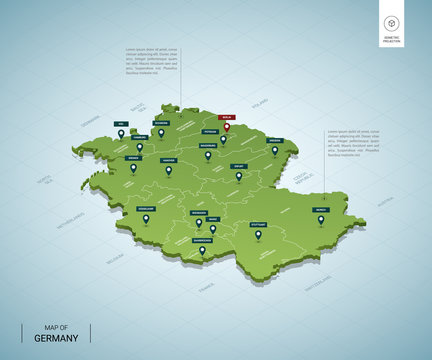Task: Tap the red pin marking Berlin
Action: tap(226, 126)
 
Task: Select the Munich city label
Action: tap(320, 210)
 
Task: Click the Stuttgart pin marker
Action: tap(258, 235)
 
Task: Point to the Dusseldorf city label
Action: tap(146, 209)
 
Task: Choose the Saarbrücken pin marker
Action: tap(202, 250)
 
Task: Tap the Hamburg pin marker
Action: tap(139, 147)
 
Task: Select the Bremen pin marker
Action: tap(133, 168)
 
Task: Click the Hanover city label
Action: tap(169, 159)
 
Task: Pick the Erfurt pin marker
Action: tap(238, 176)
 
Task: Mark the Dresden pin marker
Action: tap(275, 151)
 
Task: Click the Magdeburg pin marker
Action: tap(208, 155)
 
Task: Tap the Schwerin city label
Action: tap(161, 123)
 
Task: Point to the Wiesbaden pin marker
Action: tap(199, 222)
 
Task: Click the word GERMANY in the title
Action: tap(51, 338)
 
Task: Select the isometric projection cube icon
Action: tap(391, 24)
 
